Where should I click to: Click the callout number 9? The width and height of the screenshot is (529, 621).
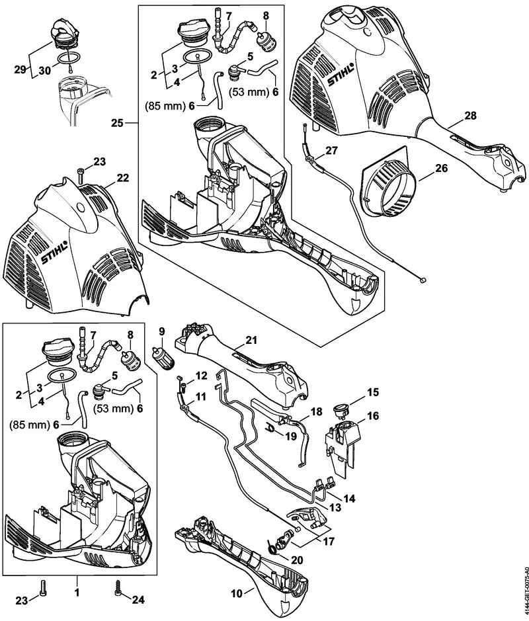click(x=160, y=331)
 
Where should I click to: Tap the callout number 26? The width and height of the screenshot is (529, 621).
click(x=441, y=168)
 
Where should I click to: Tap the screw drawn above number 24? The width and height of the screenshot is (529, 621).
click(x=119, y=585)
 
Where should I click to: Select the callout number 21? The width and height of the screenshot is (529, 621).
click(x=250, y=341)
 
